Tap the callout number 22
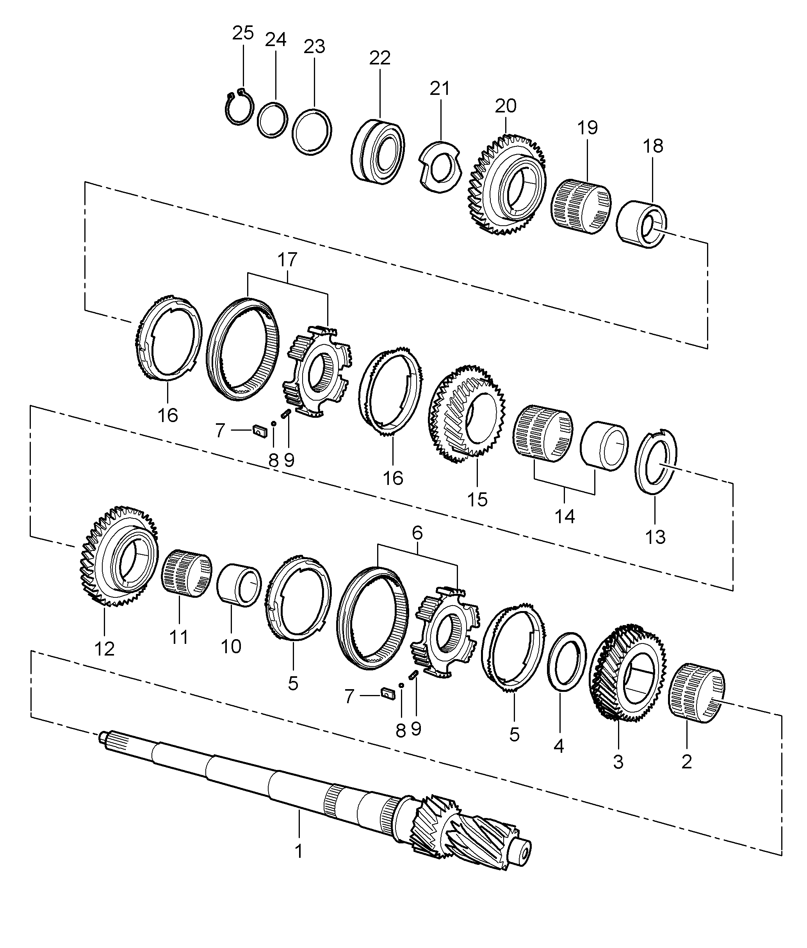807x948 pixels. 380,58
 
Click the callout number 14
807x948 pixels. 565,516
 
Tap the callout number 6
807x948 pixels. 417,533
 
